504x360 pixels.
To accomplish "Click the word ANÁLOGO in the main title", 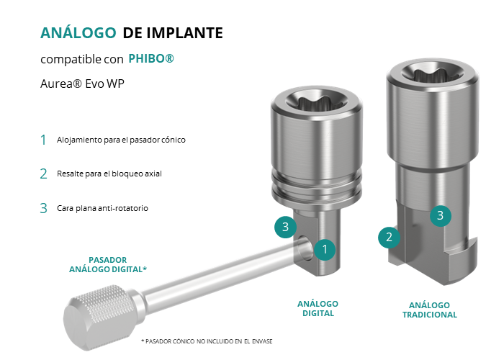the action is (78, 32).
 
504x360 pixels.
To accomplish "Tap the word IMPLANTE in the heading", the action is (185, 33).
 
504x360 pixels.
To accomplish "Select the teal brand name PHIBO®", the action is (151, 58).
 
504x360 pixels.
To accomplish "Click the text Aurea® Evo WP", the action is (82, 84).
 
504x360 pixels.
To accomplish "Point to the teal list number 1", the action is (43, 140).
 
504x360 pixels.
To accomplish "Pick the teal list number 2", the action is (43, 174).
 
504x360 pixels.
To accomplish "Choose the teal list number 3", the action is (43, 208).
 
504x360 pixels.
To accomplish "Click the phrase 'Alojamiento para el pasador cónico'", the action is (121, 140).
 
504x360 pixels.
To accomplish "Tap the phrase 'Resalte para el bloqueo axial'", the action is (109, 174).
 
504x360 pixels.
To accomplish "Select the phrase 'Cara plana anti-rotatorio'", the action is (102, 208).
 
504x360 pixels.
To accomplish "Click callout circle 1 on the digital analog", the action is (325, 249).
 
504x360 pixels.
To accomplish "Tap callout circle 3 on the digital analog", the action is (285, 227).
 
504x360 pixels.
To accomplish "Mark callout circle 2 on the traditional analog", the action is (389, 237).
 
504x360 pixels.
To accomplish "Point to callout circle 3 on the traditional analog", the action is (441, 215).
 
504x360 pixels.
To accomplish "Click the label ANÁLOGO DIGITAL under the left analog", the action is (318, 309).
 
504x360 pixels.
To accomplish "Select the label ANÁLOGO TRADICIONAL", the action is (430, 310).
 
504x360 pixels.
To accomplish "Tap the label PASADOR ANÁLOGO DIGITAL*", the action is (108, 264).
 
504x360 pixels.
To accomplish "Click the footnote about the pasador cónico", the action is (207, 341).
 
